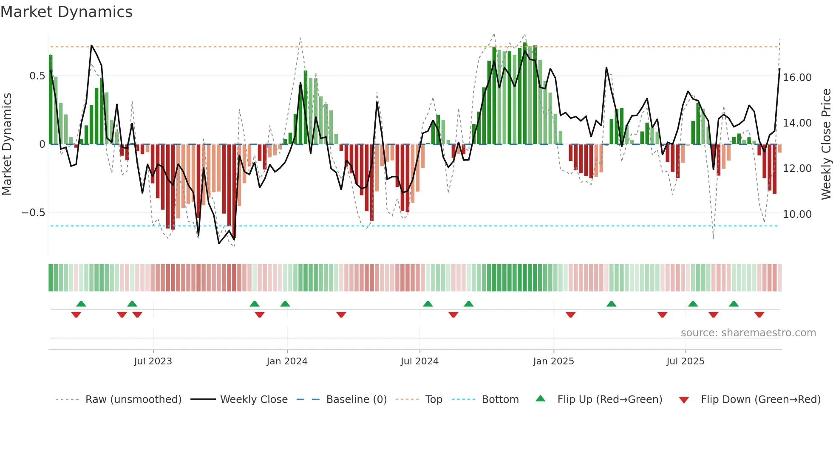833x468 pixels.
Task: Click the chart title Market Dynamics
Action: pos(66,12)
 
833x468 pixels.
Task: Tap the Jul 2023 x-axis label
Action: pos(153,361)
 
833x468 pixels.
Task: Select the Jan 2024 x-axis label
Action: pos(287,361)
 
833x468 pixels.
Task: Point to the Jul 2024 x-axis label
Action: pos(419,361)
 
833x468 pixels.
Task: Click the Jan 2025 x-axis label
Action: pos(553,361)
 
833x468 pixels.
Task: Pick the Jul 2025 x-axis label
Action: pos(685,361)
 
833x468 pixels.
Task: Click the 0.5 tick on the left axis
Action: pos(37,76)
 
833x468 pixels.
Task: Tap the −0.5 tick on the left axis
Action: pos(34,213)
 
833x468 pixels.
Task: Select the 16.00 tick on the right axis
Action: pos(797,78)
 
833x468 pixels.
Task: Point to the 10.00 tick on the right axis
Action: pos(797,214)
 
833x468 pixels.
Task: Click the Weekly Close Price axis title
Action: pos(826,144)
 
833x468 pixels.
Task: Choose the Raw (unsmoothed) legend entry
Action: pos(133,400)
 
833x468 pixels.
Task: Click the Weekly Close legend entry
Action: pos(254,400)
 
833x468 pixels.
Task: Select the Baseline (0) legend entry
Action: pos(356,400)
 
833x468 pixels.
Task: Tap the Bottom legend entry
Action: pos(500,400)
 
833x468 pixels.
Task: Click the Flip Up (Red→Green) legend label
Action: pos(609,400)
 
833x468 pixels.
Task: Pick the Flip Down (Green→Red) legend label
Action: pos(760,400)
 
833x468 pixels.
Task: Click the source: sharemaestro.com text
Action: pos(748,333)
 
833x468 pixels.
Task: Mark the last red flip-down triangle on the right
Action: pos(759,315)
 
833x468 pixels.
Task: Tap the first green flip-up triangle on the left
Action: pos(81,304)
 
